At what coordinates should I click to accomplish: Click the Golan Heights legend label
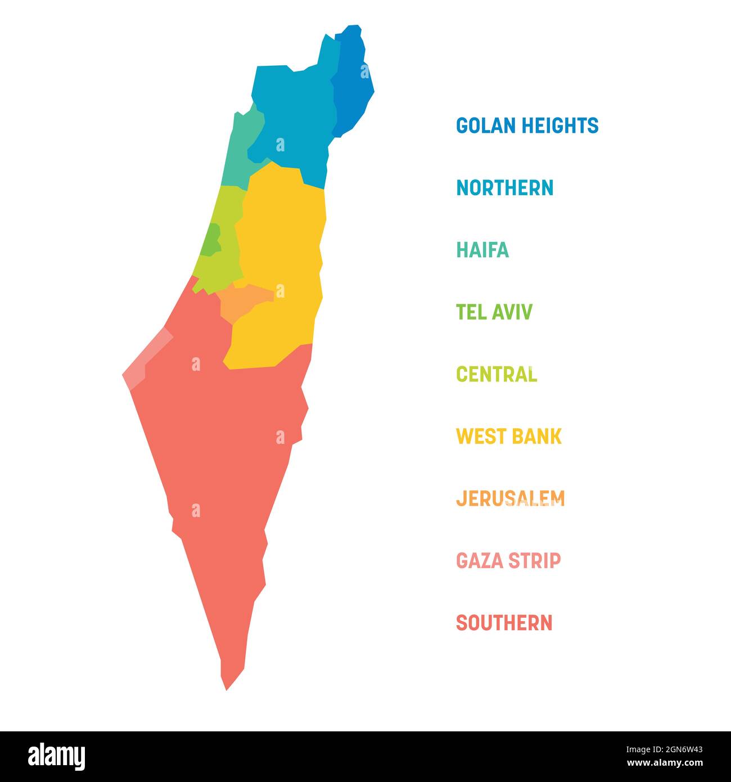(527, 125)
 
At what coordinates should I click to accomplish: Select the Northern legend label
(504, 188)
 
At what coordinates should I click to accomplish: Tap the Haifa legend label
(482, 250)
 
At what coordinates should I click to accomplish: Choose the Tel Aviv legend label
(494, 312)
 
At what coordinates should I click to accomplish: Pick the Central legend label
(496, 374)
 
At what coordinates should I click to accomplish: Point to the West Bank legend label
(508, 436)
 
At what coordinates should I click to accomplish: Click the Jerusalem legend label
(510, 498)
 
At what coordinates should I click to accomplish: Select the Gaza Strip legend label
(508, 560)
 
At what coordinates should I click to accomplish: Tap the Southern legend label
(504, 623)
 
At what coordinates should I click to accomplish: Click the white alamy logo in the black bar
(57, 756)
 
